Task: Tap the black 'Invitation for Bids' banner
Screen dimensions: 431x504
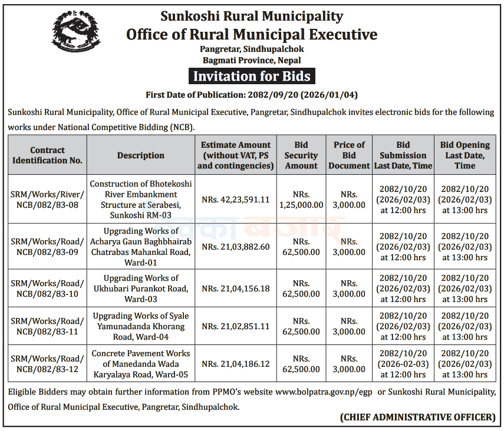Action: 252,77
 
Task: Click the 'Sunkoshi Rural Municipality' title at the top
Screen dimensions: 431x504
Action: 252,16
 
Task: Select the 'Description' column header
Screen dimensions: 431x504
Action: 141,155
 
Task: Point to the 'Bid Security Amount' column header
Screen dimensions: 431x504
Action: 301,155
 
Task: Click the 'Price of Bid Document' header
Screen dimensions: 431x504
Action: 349,155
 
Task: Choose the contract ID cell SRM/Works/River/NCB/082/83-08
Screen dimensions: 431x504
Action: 48,200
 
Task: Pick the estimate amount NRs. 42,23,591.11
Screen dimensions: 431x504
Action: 236,200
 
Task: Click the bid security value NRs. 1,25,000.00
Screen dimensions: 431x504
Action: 301,200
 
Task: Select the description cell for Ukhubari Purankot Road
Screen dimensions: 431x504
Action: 141,289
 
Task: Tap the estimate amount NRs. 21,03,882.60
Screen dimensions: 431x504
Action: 236,247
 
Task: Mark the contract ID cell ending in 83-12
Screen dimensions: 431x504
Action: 48,364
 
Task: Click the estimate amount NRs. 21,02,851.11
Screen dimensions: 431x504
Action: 236,326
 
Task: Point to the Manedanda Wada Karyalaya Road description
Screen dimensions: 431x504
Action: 141,364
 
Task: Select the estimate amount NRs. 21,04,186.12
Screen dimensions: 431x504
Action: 236,364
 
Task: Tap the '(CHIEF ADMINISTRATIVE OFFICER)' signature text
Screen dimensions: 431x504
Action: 418,417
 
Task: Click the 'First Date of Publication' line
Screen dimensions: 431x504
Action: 252,95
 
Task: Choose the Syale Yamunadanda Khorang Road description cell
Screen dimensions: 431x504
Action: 141,326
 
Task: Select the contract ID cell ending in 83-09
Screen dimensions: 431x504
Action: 48,247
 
